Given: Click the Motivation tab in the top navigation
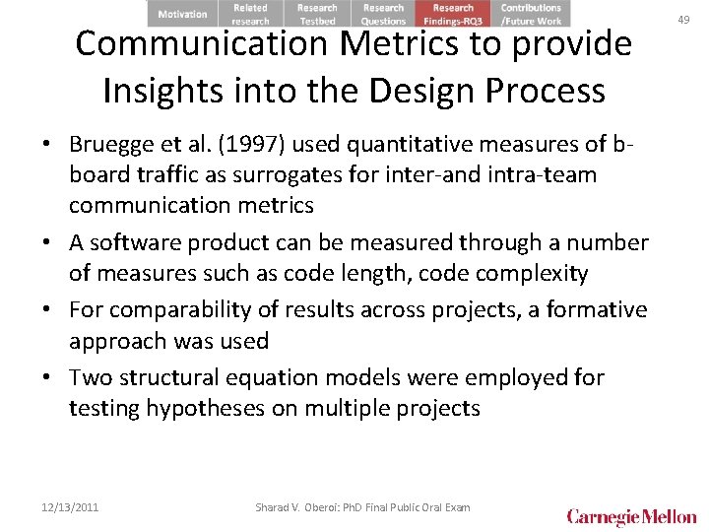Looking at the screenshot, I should [183, 14].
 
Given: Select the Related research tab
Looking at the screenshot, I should [250, 14].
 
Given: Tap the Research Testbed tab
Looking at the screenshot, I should [317, 14].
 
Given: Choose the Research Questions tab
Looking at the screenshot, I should [383, 14].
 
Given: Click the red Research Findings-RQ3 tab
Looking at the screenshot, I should [453, 14].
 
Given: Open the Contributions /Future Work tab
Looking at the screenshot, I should [531, 14].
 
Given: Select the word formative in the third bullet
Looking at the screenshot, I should [596, 310].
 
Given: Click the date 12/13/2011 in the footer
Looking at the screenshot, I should [70, 507].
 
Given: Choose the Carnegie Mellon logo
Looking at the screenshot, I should [631, 516].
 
